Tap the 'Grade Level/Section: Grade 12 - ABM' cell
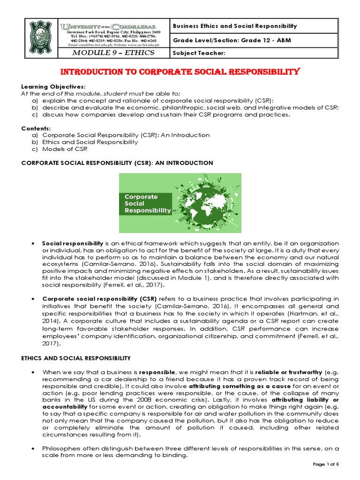pos(232,40)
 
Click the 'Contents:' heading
pos(35,128)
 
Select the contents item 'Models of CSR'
pos(65,149)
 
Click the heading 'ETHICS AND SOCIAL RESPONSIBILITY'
pos(75,358)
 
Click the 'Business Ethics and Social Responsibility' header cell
pos(235,26)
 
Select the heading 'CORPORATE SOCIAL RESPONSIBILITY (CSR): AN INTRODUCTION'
pos(117,163)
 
